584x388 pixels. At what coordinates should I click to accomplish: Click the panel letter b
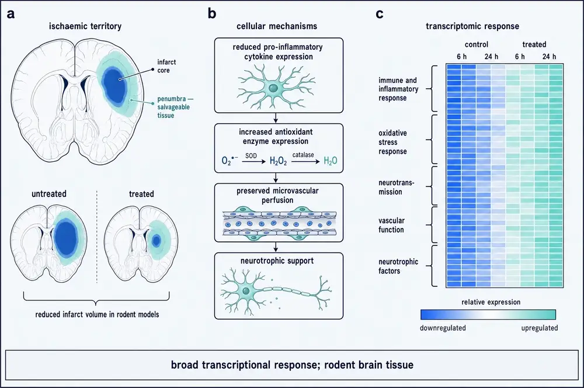tap(212, 14)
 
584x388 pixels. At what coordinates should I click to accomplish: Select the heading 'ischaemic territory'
tap(85, 26)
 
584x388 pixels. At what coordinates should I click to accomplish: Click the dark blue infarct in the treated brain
tap(156, 240)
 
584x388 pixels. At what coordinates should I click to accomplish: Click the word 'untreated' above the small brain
tap(49, 194)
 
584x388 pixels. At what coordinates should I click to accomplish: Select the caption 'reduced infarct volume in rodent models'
tap(97, 314)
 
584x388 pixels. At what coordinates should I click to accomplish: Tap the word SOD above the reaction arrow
tap(251, 156)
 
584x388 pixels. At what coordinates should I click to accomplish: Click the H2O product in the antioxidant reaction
tap(331, 161)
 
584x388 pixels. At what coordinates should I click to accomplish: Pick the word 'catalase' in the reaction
tap(303, 155)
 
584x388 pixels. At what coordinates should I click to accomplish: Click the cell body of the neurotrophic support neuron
tap(246, 291)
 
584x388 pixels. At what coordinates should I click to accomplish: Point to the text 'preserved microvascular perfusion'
tap(277, 195)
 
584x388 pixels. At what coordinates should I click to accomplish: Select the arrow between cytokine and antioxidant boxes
tap(276, 118)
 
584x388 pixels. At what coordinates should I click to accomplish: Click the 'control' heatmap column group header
tap(477, 44)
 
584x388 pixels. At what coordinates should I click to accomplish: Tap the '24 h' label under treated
tap(549, 56)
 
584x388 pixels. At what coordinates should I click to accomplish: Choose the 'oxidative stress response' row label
tap(392, 142)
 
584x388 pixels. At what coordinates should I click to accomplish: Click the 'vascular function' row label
tap(391, 225)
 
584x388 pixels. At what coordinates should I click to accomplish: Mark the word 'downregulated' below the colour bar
tap(443, 328)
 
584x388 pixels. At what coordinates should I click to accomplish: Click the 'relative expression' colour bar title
tap(491, 302)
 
